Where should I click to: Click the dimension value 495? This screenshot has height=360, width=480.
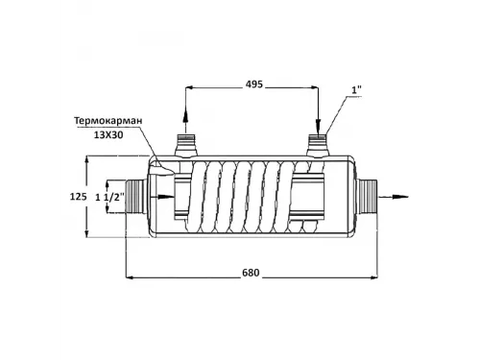[x=252, y=84]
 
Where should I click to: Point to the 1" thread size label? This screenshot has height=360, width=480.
[x=357, y=92]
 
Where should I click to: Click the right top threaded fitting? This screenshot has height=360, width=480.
[x=318, y=147]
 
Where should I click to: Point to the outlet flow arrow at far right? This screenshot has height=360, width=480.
[x=394, y=198]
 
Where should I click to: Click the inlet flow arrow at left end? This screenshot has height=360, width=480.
[x=163, y=198]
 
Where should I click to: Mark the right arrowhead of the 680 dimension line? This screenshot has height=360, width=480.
[x=374, y=278]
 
